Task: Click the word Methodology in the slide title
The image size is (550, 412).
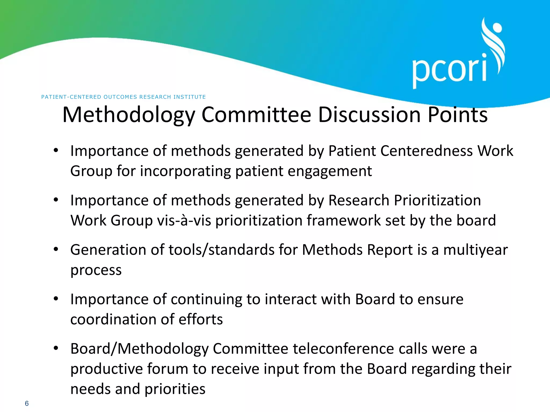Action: point(129,115)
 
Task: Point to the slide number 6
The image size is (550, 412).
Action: point(27,403)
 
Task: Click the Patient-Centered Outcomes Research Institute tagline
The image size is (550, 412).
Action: point(124,97)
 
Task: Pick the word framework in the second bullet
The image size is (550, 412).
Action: point(343,220)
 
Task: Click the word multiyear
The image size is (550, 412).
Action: point(475,250)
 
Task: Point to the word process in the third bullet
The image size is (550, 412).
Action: point(96,270)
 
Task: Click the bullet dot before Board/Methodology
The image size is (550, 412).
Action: point(56,348)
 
